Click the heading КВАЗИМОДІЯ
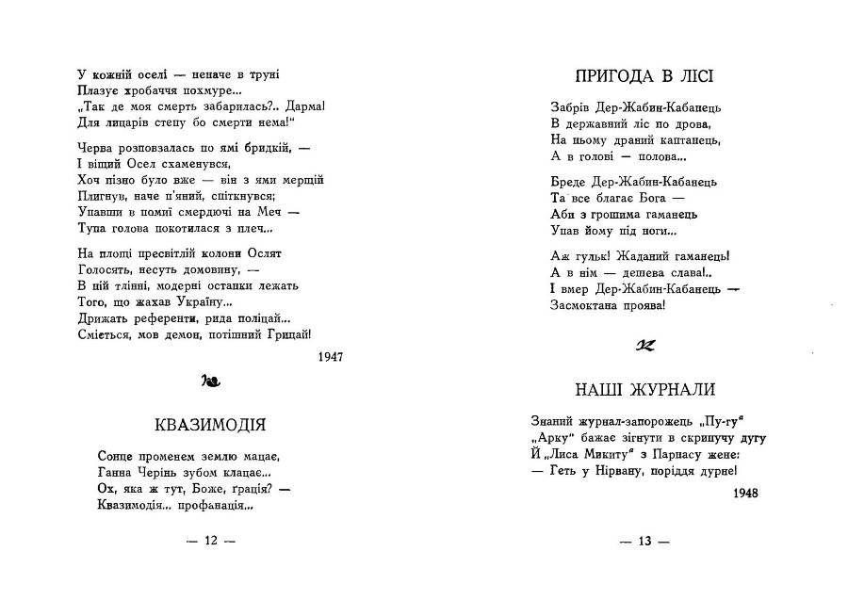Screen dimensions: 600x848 coord(209,423)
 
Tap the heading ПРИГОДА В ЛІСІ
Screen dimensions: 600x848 coord(644,74)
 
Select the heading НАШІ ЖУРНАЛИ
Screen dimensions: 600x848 coord(644,388)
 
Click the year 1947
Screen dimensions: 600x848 coord(331,357)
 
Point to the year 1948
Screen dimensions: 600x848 coord(744,492)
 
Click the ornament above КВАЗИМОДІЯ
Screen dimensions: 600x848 coord(210,382)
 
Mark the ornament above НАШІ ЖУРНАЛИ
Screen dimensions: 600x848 coord(644,345)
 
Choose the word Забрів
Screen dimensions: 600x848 coord(571,107)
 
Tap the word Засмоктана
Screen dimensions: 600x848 coord(586,304)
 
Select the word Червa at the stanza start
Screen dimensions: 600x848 coord(97,148)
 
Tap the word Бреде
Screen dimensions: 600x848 coord(567,181)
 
